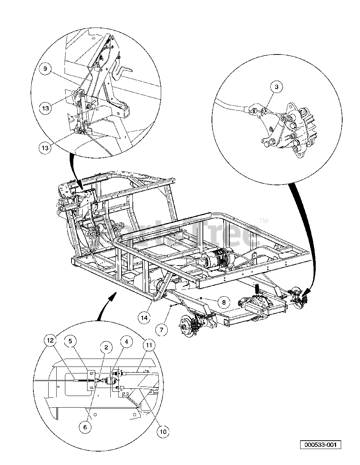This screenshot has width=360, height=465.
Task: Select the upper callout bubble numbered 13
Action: coord(46,108)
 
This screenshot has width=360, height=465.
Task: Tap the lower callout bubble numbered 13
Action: coord(46,147)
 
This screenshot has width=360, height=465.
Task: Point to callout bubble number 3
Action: coord(277,87)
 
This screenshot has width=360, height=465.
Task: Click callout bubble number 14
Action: coord(144,318)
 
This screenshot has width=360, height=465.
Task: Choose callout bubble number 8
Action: coord(224,302)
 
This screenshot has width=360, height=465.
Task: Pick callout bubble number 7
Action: coord(162,330)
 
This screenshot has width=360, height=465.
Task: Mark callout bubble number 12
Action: coord(50,340)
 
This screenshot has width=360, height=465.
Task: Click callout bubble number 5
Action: coord(71,340)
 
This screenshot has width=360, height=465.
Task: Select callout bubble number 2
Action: coord(106,347)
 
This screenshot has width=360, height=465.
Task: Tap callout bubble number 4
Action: coord(126,341)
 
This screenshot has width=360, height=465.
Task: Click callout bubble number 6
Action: coord(85,427)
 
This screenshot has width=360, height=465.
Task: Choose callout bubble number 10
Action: coord(163,432)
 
